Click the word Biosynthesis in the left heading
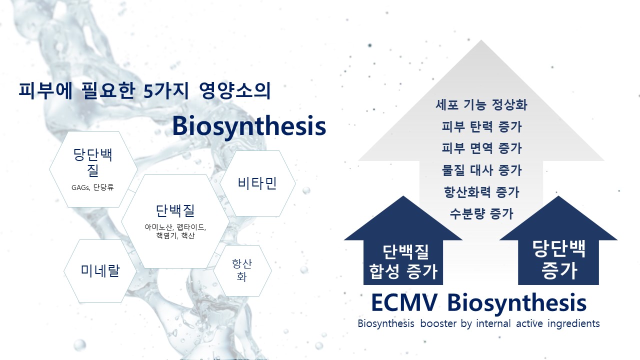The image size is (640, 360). click(249, 126)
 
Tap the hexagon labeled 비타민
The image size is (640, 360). click(257, 183)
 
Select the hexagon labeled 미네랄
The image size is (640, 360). click(100, 271)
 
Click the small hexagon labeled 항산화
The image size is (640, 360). click(242, 270)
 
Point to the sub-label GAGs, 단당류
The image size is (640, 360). click(92, 187)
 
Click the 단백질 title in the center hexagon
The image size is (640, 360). click(175, 211)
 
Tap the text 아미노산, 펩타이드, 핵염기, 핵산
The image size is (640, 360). click(175, 231)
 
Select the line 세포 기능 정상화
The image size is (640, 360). click(481, 104)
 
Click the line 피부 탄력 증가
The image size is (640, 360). click(481, 126)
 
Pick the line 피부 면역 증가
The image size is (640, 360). click(481, 148)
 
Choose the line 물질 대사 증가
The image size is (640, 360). click(481, 170)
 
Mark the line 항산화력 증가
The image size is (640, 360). click(481, 192)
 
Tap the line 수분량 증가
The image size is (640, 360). click(481, 213)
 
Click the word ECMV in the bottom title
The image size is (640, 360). click(404, 302)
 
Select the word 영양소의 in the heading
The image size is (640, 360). click(235, 91)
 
